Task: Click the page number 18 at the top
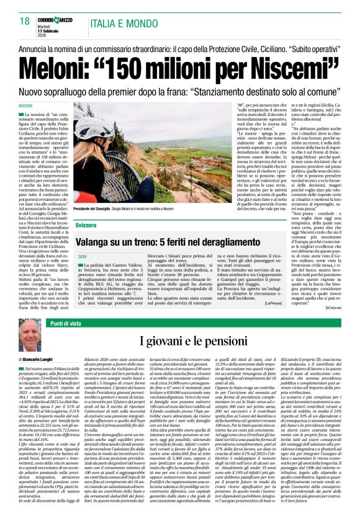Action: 25,22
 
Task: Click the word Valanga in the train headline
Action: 100,239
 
